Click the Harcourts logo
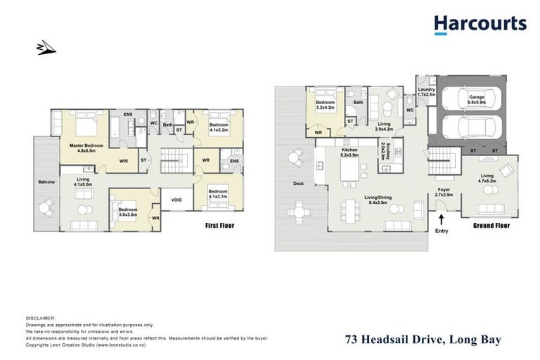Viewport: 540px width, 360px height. pos(480,25)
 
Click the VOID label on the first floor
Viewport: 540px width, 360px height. pos(177,200)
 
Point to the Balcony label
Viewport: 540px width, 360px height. pos(47,182)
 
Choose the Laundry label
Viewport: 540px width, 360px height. pos(427,90)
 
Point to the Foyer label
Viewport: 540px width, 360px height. pos(444,188)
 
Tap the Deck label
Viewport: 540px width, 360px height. pos(298,184)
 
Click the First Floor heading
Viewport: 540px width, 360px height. pos(219,226)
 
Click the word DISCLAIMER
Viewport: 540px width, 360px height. pos(40,318)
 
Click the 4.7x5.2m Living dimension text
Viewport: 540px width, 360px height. pos(487,181)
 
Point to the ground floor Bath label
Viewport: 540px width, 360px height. pos(358,103)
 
